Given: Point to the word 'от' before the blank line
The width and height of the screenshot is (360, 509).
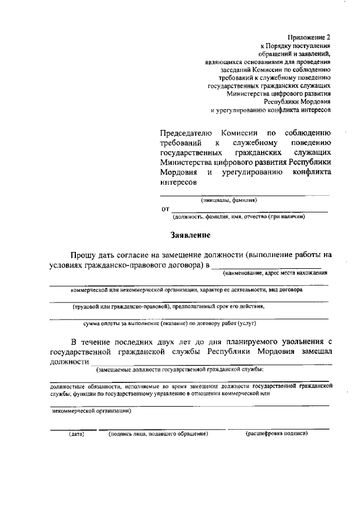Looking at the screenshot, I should [x=165, y=209].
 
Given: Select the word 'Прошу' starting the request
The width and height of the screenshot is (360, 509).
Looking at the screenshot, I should [x=83, y=255].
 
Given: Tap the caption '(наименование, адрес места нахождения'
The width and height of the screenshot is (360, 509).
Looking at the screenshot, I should [x=274, y=273].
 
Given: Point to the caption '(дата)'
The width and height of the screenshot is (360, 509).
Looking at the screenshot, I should [x=76, y=434].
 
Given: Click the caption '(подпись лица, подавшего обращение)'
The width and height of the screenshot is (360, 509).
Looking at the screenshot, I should [x=158, y=434].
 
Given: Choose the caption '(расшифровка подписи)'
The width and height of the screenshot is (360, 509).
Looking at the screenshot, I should [x=277, y=434].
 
